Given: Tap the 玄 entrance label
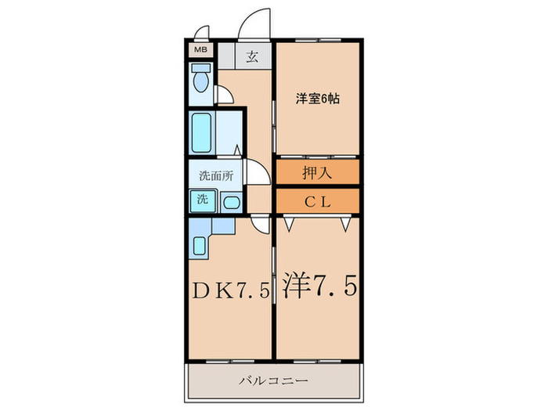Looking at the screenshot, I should pyautogui.click(x=253, y=56).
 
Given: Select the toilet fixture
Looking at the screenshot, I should pyautogui.click(x=200, y=81).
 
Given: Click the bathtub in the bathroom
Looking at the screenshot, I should pyautogui.click(x=201, y=134).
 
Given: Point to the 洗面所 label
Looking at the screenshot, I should pyautogui.click(x=216, y=175).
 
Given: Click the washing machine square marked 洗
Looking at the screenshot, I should pyautogui.click(x=201, y=200).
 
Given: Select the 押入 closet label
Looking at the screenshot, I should pyautogui.click(x=317, y=172).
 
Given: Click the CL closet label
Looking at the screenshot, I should pyautogui.click(x=317, y=201).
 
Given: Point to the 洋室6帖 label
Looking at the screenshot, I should pyautogui.click(x=317, y=99).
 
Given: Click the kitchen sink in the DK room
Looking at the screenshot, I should pyautogui.click(x=199, y=247).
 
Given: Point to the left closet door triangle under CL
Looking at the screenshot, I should pyautogui.click(x=290, y=225).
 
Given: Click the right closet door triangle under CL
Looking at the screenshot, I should pyautogui.click(x=344, y=225).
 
